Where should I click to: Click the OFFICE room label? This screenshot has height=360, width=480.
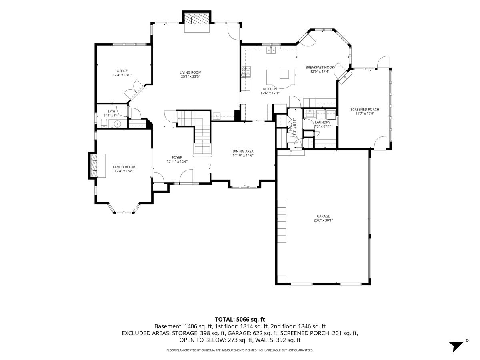122,71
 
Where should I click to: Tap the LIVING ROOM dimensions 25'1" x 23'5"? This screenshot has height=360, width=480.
190,76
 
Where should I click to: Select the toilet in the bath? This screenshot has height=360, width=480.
104,123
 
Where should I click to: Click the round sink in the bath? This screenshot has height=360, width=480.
118,124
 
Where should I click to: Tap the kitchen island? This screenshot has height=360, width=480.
280,78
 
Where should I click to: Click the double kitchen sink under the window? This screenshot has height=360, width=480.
271,50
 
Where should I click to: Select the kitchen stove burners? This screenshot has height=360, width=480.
246,72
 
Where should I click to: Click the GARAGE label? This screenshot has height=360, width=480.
323,216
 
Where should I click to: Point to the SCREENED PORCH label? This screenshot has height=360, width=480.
365,110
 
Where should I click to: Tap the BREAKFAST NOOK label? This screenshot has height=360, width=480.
320,68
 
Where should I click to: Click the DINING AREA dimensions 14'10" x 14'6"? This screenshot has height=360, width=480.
243,156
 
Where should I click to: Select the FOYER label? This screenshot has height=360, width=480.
177,157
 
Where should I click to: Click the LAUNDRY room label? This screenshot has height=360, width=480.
322,122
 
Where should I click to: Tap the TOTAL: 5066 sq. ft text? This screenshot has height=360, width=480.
240,320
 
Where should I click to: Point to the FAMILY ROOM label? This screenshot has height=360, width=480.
124,167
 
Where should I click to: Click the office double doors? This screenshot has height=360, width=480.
134,89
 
